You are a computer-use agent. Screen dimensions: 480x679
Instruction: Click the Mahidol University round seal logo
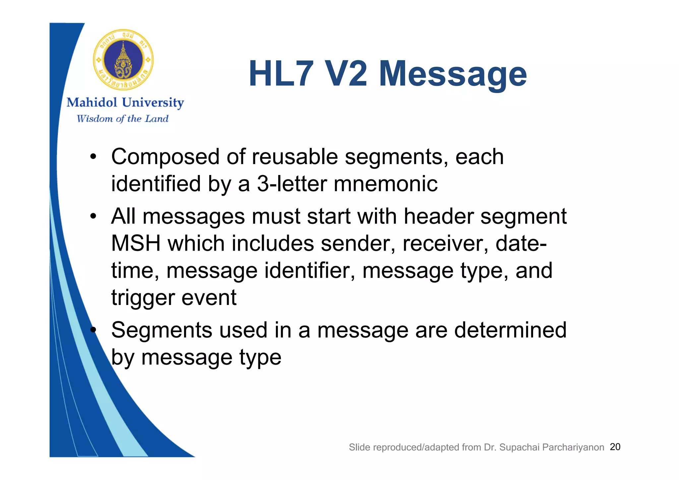click(123, 60)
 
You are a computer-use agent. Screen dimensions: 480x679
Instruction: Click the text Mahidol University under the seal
click(125, 103)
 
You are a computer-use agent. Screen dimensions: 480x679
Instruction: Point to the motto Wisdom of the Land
click(123, 119)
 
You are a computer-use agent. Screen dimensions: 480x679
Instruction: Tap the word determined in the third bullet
click(510, 330)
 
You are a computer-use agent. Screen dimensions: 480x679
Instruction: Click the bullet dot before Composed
click(93, 157)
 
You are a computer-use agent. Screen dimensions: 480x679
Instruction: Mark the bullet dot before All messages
click(93, 217)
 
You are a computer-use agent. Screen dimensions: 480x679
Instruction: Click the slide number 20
click(615, 447)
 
